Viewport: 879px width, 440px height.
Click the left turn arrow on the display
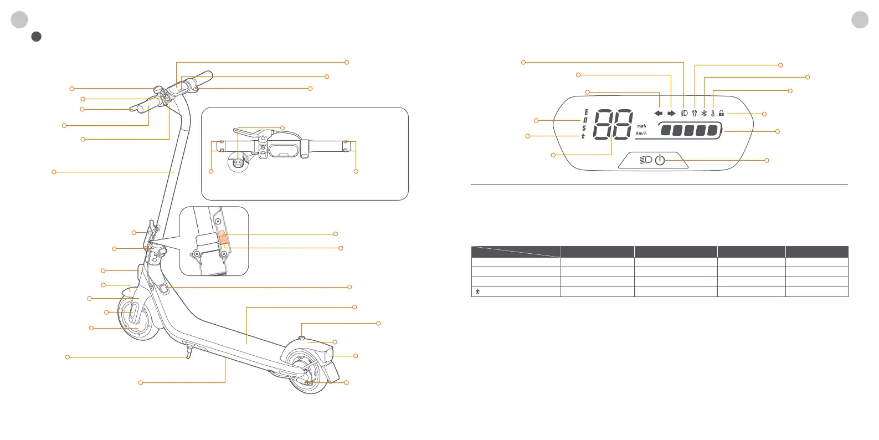658,113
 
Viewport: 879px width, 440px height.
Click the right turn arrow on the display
671,113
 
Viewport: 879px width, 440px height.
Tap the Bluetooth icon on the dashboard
704,113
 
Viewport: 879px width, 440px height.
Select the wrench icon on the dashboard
694,113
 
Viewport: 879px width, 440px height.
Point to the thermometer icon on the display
713,113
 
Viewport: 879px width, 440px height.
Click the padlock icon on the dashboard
721,113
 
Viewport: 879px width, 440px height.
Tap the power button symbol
660,160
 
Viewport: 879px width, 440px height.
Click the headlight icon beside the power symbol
645,160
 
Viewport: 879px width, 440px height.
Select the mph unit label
641,126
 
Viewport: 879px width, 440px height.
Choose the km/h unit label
641,133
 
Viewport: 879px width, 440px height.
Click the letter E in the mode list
586,112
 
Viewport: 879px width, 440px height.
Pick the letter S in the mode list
584,129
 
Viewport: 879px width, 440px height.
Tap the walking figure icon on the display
583,136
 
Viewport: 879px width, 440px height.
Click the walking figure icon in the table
477,291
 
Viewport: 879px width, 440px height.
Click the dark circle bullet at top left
36,37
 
